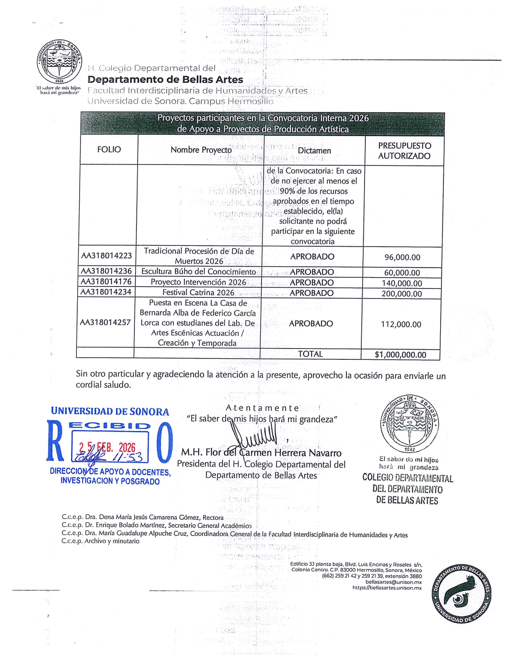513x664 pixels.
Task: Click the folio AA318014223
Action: pos(107,256)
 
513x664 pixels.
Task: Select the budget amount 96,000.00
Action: pos(402,258)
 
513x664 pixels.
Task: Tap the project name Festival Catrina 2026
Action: pos(198,293)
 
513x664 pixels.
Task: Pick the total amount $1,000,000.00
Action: pos(400,355)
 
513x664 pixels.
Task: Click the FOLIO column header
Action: pos(109,150)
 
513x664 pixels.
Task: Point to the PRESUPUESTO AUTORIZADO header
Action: pos(404,151)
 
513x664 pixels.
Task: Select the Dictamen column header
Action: pos(314,151)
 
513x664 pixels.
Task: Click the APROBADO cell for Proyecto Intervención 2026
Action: pos(312,283)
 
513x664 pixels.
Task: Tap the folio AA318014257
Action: pos(105,323)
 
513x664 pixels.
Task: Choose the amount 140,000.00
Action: pos(402,284)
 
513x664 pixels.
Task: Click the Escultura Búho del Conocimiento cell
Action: pos(199,272)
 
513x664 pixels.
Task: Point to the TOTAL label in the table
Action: pos(310,354)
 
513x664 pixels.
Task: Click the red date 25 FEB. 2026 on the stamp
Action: pos(107,447)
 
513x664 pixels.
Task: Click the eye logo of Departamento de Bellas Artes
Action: pos(461,593)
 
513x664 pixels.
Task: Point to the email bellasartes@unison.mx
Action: pos(394,582)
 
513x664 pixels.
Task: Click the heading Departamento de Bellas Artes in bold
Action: pos(165,80)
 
